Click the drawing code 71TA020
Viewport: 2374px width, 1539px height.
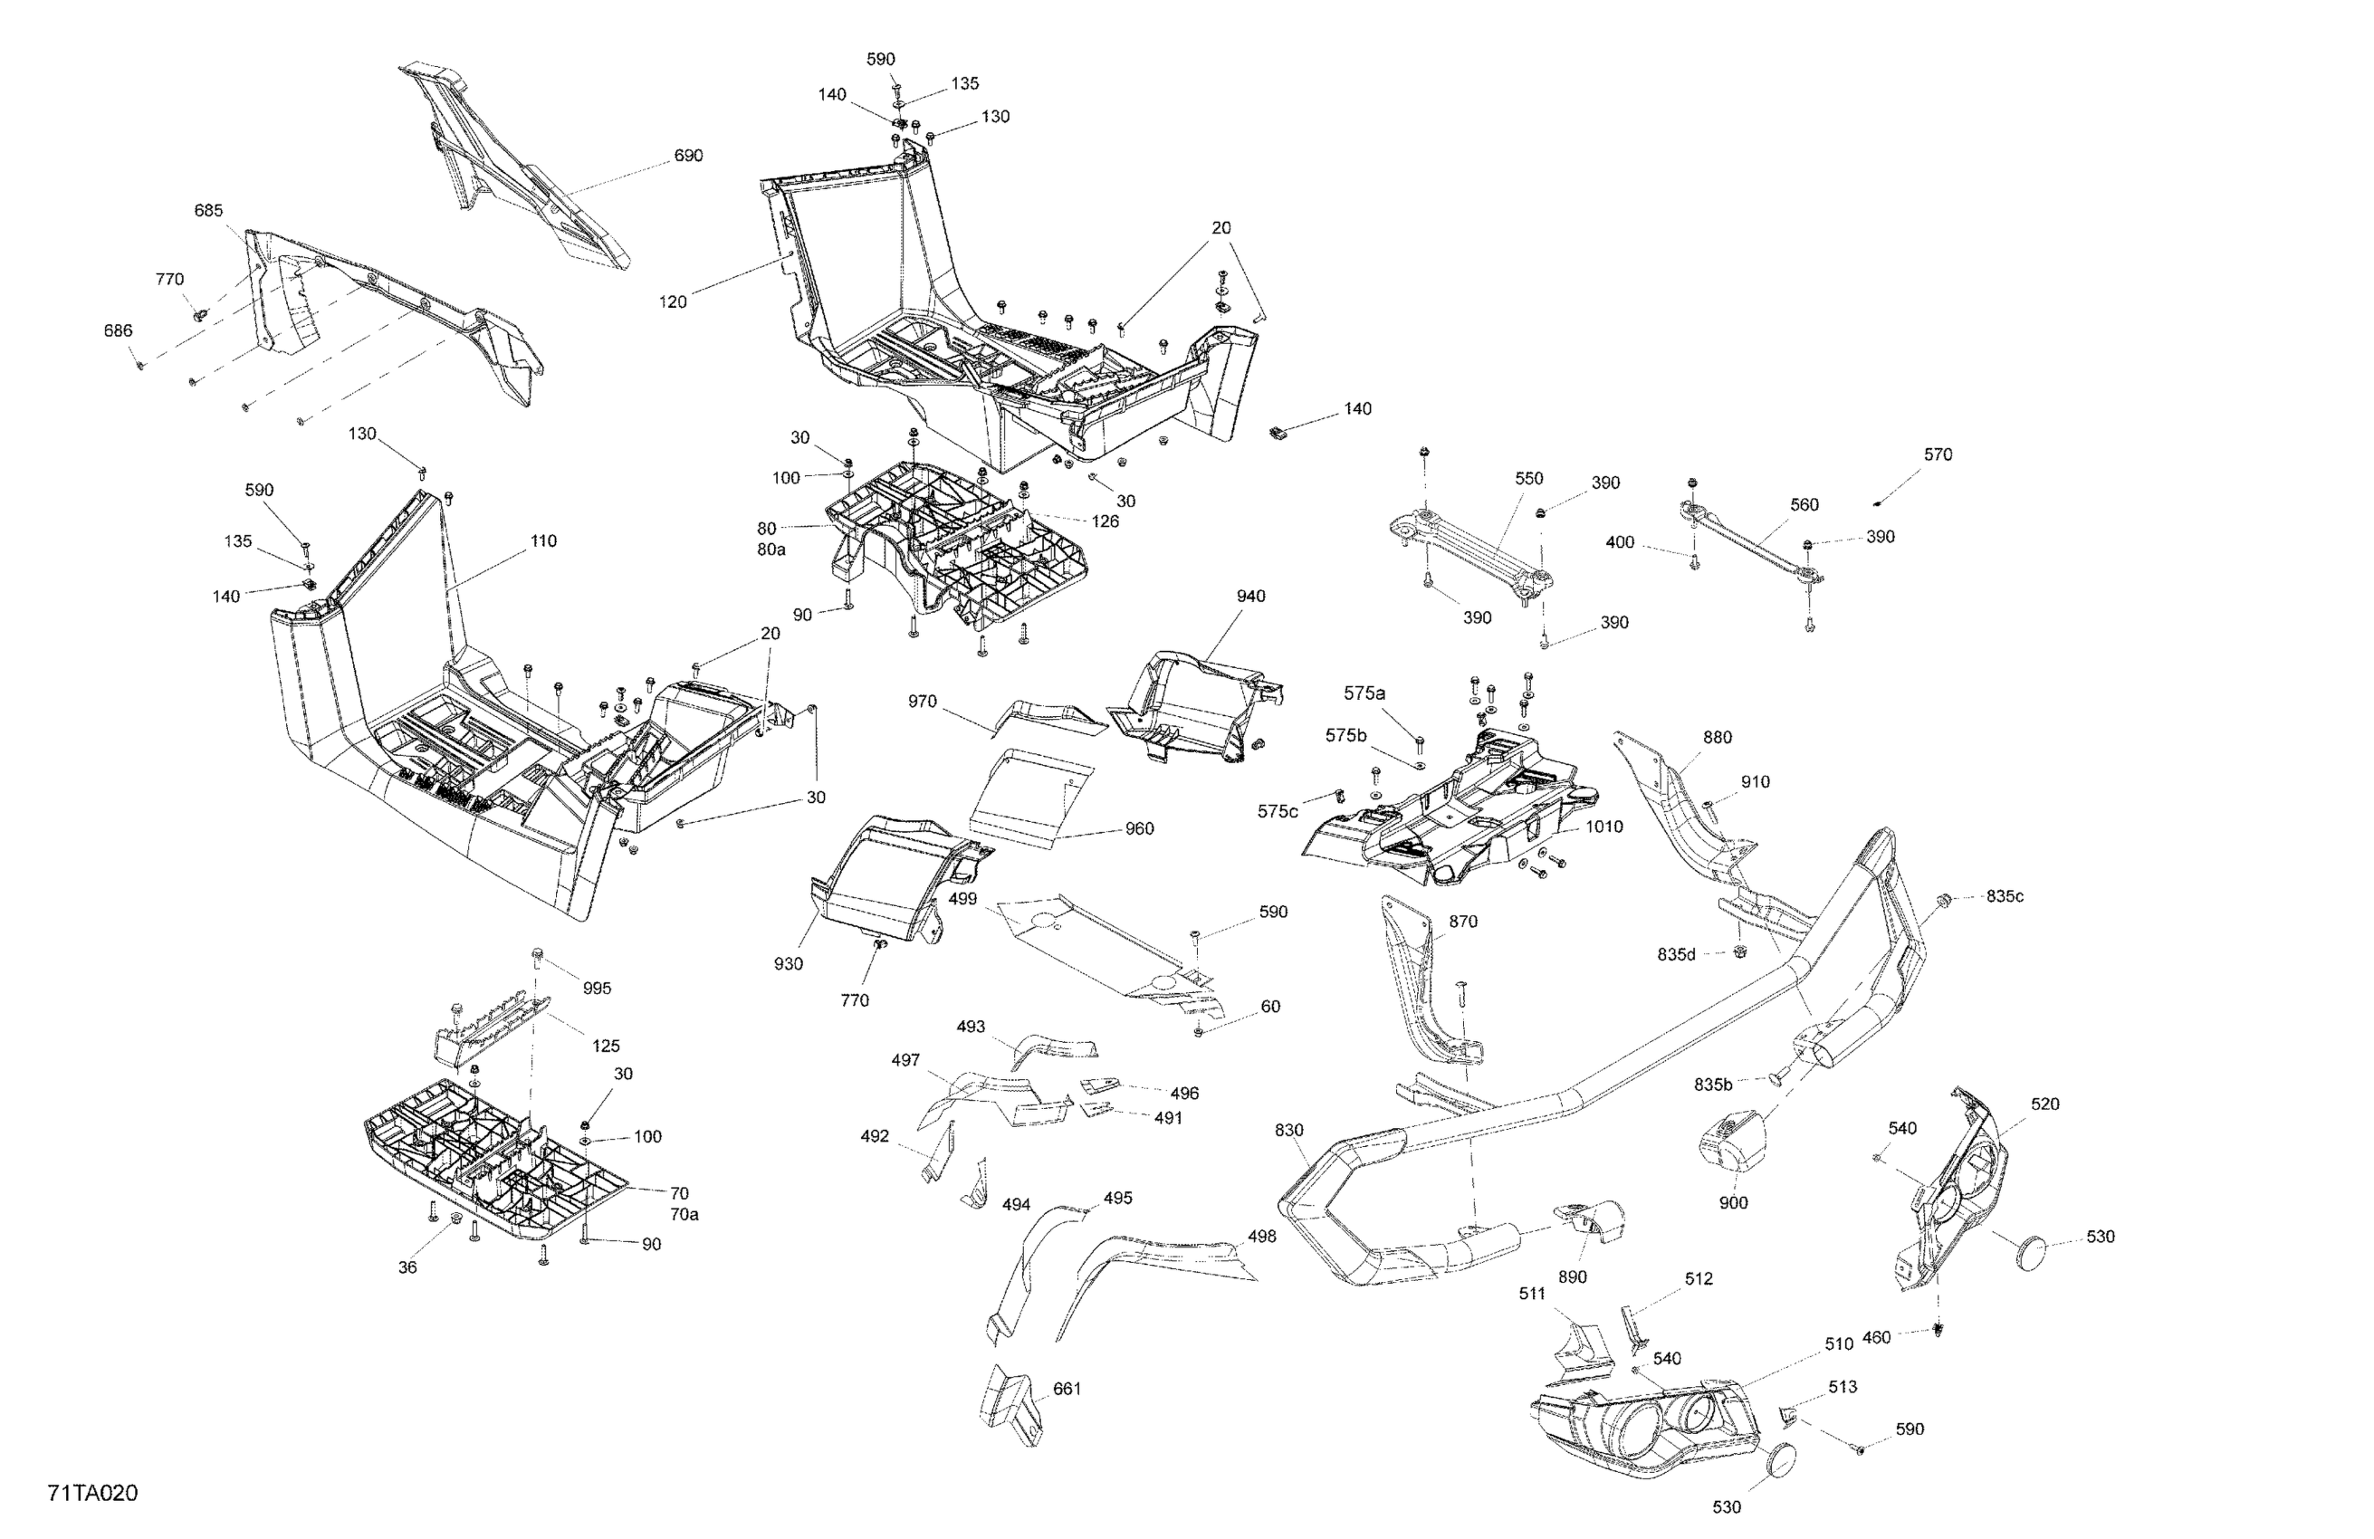click(x=91, y=1493)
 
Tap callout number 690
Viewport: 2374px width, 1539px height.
click(x=688, y=156)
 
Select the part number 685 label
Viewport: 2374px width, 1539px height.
click(x=208, y=210)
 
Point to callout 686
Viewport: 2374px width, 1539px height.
click(x=118, y=331)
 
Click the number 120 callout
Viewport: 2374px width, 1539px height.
click(x=674, y=302)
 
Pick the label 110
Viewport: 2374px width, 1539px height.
click(x=543, y=541)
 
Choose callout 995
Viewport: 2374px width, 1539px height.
click(x=597, y=989)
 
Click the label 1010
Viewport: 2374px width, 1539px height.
click(x=1604, y=827)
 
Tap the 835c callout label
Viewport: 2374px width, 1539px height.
click(x=2005, y=896)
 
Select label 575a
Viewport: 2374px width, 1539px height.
click(x=1364, y=693)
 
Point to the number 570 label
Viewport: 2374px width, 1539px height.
click(x=1938, y=454)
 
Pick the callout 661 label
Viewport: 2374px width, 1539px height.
click(x=1067, y=1389)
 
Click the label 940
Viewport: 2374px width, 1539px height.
click(x=1251, y=597)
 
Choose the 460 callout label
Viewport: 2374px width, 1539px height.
click(x=1876, y=1337)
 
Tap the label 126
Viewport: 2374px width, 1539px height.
click(x=1106, y=521)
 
